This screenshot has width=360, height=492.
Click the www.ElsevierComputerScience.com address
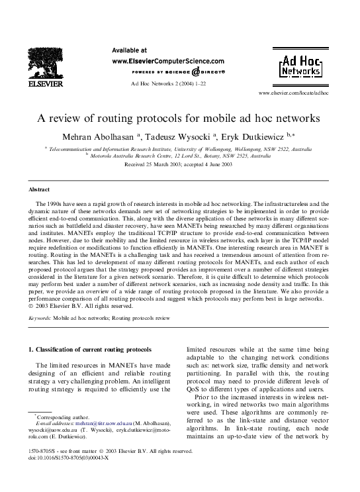168,60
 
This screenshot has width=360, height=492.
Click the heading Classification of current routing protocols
91,349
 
